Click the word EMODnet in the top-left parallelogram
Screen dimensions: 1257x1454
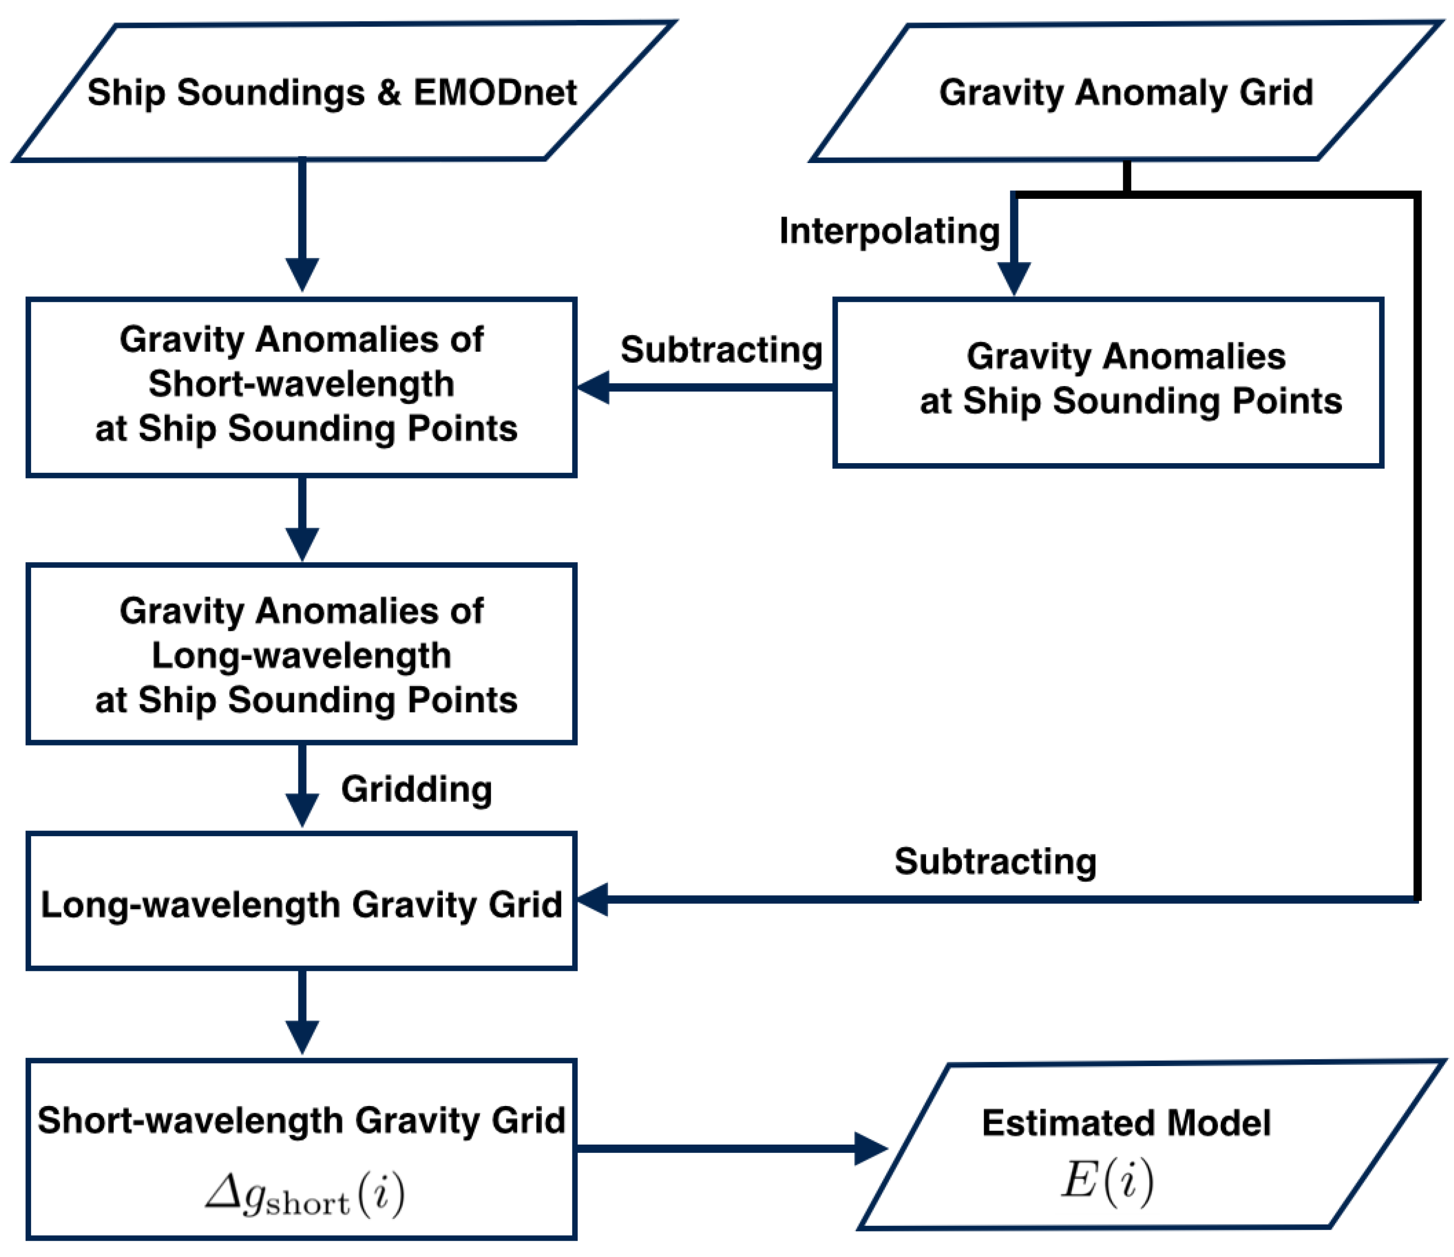[x=495, y=92]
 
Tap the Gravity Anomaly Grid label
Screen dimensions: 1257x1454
[x=1125, y=92]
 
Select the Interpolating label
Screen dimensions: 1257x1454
[x=889, y=231]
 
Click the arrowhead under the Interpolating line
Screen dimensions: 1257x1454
[x=1013, y=277]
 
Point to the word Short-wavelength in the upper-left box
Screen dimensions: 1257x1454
[x=301, y=384]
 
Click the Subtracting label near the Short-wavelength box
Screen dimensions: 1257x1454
[x=721, y=349]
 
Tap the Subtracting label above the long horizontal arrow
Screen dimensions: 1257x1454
[x=994, y=861]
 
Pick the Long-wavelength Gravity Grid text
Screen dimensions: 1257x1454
[x=301, y=904]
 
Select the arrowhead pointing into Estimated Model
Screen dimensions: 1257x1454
[x=870, y=1149]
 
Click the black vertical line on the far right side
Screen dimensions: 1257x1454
[x=1417, y=547]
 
